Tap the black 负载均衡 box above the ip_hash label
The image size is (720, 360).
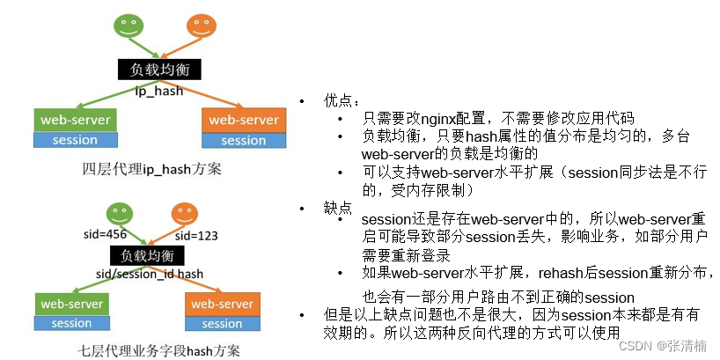point(160,70)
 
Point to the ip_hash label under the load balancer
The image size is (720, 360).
point(158,90)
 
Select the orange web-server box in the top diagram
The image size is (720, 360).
point(243,119)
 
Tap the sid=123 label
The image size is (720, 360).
point(196,236)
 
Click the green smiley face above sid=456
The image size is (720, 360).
point(118,213)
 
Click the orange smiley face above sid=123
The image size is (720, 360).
point(183,213)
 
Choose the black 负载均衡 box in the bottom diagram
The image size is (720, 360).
point(147,255)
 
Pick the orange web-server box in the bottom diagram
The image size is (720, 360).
point(222,304)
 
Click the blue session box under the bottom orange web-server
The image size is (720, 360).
point(222,323)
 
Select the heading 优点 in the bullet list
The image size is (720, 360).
point(337,100)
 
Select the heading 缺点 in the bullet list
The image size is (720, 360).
point(337,206)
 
